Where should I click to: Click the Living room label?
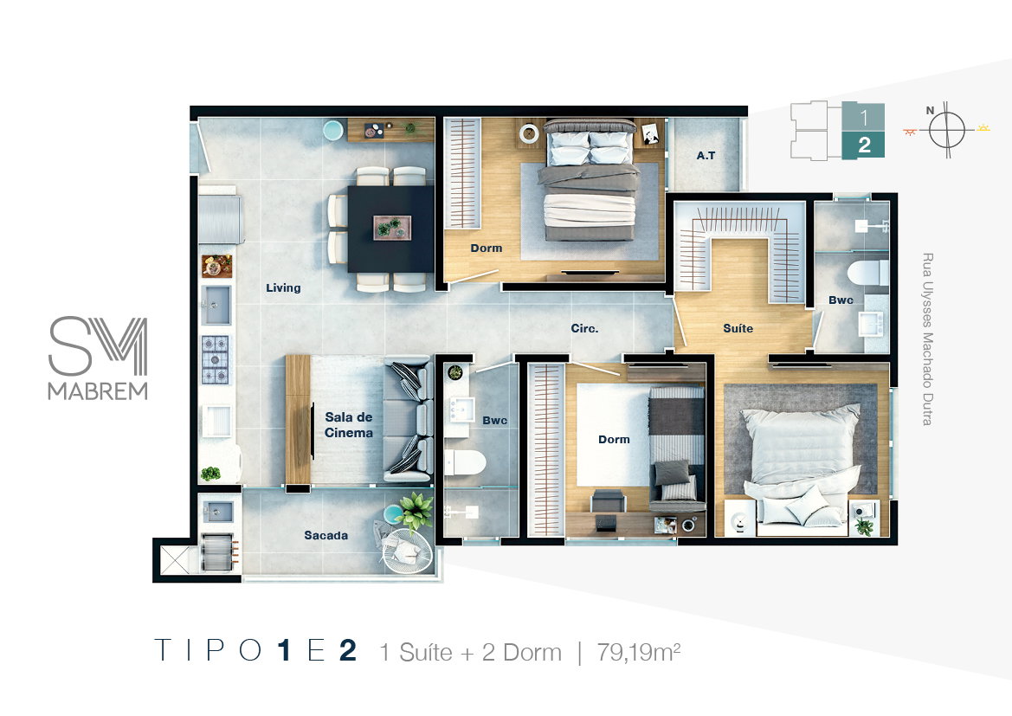[x=283, y=288]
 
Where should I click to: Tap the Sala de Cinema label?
[x=349, y=425]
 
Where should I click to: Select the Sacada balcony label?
[x=326, y=535]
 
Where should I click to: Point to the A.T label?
[x=706, y=156]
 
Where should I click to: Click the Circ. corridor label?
[x=584, y=328]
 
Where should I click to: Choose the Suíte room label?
[x=738, y=328]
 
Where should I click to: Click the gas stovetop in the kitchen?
[x=215, y=359]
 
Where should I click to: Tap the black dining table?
[x=391, y=229]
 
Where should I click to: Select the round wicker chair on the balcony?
[x=408, y=551]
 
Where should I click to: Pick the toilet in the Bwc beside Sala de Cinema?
[x=465, y=463]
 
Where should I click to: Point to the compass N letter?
[x=930, y=111]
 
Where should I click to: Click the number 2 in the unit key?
[x=864, y=145]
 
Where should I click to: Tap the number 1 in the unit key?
[x=864, y=118]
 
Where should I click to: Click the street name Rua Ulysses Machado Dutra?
[x=927, y=339]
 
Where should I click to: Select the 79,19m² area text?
[x=638, y=652]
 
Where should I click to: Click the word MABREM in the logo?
[x=98, y=391]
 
